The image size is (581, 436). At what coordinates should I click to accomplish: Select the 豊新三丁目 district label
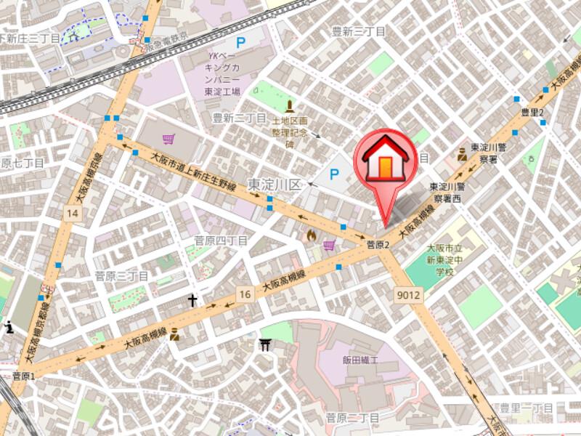point(358,31)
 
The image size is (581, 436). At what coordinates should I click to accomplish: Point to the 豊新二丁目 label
point(240,118)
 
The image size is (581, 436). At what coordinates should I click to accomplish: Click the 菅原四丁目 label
point(222,241)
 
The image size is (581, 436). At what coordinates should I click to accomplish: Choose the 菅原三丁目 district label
point(121,276)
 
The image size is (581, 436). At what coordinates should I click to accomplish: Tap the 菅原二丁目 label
point(352,418)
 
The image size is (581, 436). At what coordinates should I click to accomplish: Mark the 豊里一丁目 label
point(527,408)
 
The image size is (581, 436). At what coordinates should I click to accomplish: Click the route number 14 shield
point(71,213)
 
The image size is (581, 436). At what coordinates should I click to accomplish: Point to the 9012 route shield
point(410,295)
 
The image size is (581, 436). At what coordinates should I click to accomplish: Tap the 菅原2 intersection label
point(378,245)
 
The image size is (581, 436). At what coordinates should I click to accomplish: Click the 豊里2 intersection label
point(532,112)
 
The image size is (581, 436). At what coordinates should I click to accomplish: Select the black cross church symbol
point(193,299)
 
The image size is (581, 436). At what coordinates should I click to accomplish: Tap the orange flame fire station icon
point(312,235)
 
